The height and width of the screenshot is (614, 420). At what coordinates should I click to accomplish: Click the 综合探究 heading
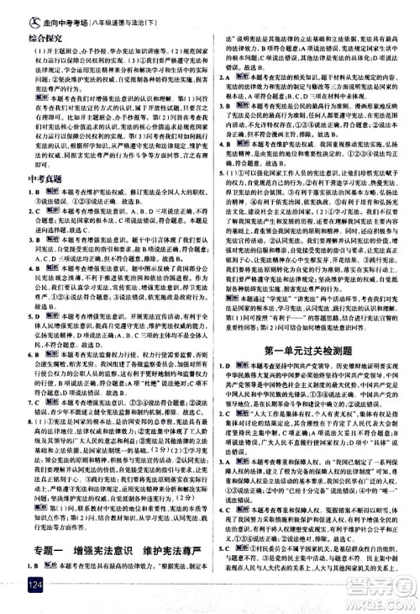[x=27, y=39]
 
